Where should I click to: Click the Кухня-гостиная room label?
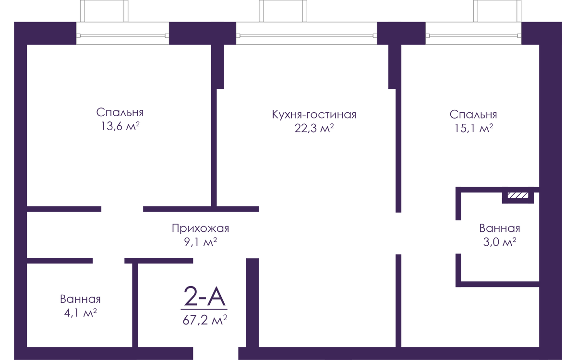(x=314, y=115)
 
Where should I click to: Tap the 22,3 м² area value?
(x=314, y=128)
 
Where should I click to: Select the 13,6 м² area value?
(x=120, y=126)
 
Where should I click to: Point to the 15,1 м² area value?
(x=474, y=128)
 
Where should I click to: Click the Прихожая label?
(x=200, y=228)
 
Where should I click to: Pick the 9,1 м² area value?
(x=200, y=242)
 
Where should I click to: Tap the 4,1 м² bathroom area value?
(x=81, y=312)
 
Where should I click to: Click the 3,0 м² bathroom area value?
(x=500, y=242)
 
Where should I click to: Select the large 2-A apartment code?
(x=204, y=297)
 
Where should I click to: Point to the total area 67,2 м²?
(x=204, y=320)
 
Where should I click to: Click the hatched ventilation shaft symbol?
(x=518, y=195)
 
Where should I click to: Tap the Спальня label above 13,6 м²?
(x=120, y=112)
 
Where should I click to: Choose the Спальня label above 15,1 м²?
(x=473, y=115)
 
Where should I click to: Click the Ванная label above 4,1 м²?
(x=80, y=299)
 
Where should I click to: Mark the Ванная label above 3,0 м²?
(x=500, y=228)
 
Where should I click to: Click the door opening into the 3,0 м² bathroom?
(x=458, y=237)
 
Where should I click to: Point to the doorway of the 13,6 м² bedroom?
(x=122, y=209)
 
